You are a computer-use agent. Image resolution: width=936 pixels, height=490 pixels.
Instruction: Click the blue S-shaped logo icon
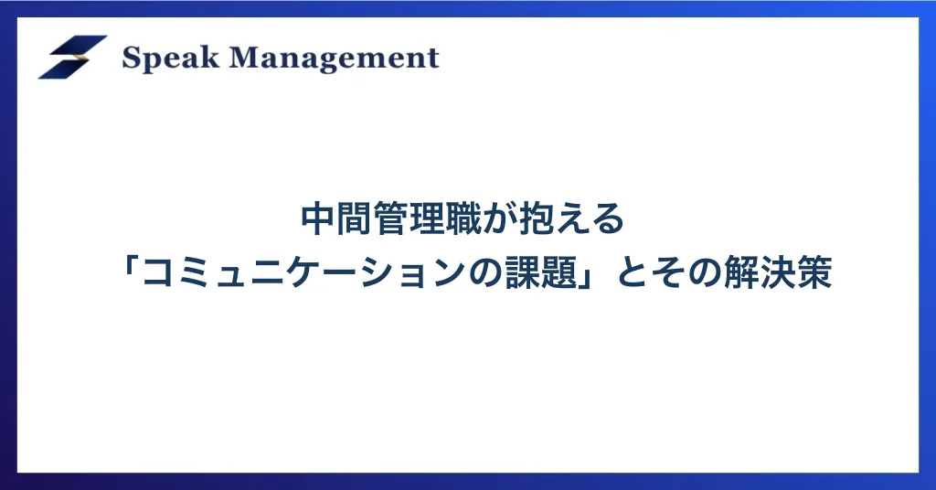pos(73,57)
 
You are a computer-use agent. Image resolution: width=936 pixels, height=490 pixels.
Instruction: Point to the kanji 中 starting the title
pos(318,219)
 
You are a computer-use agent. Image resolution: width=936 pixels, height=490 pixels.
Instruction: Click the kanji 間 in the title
pos(355,219)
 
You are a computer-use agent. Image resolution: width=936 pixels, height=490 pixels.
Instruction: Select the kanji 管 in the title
pos(391,219)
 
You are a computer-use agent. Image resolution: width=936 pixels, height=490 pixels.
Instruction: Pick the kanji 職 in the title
pos(463,219)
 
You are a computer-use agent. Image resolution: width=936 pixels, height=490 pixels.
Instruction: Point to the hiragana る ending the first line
pos(608,220)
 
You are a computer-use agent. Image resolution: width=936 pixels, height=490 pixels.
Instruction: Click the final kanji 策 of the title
pos(814,272)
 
